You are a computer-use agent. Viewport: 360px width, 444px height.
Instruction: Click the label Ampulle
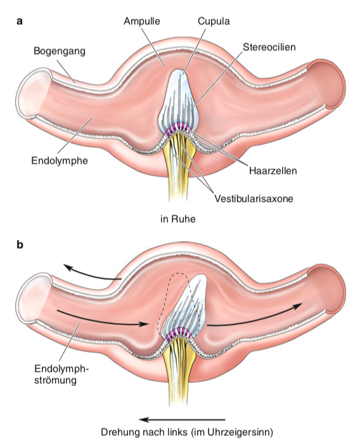coord(142,22)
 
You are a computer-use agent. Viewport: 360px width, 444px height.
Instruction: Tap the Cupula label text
coord(214,22)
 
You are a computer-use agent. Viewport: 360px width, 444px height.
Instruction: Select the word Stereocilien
coord(269,47)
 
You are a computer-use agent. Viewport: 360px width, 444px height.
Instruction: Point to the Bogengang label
coord(60,51)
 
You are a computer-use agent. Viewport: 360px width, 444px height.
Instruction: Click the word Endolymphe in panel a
coord(60,161)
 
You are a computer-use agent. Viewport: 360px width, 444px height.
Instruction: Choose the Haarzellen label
coord(273,171)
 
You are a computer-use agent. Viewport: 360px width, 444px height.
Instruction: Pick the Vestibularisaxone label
coord(254,199)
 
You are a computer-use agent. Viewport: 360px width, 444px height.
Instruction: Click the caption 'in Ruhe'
coord(178,219)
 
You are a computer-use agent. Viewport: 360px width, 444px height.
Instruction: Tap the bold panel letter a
coord(20,21)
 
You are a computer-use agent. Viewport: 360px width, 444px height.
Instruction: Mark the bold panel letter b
coord(20,244)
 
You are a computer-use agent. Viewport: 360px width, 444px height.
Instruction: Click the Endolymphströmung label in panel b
coord(61,374)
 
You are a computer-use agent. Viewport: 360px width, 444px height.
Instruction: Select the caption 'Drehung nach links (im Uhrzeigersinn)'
coord(187,433)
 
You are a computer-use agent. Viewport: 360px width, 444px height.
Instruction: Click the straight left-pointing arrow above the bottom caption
coord(183,420)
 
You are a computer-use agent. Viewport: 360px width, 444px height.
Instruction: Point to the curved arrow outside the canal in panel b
coord(91,275)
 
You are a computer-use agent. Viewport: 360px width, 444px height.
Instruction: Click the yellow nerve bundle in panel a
coord(177,164)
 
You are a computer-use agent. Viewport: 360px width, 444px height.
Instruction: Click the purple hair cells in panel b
coord(177,333)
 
